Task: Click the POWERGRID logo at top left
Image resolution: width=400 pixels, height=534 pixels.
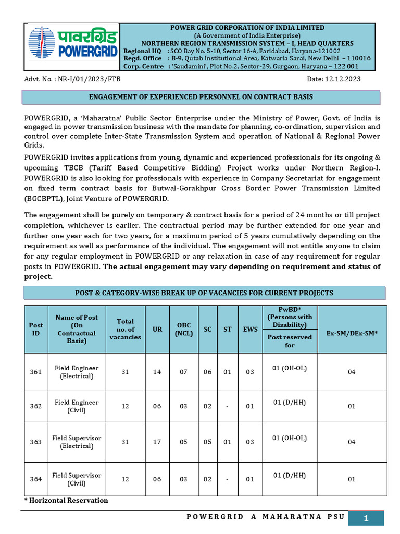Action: [72, 46]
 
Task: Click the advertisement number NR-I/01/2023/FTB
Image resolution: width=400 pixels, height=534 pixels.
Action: [65, 79]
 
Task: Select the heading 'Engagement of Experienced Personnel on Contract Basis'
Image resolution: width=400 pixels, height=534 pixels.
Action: [201, 97]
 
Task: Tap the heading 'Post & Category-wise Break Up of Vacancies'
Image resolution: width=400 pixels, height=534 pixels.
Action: [204, 293]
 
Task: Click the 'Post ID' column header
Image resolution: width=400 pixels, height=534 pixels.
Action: [36, 329]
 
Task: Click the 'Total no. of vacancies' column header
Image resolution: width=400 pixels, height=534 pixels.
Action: [125, 329]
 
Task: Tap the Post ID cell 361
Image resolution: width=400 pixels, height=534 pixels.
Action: [36, 372]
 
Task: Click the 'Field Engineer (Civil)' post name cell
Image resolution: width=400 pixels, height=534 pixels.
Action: [77, 406]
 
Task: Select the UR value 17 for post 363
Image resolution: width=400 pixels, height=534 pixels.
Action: [157, 442]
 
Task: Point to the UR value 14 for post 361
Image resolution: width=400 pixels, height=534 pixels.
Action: [157, 372]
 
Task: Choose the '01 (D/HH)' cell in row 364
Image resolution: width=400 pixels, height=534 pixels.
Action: [290, 475]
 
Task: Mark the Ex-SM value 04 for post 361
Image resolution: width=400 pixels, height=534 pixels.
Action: [352, 372]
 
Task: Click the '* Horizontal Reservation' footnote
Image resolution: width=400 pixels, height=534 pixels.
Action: [67, 501]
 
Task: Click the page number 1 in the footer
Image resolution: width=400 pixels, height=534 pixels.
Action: [366, 518]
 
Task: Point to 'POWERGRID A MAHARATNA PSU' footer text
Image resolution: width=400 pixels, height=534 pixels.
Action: [265, 517]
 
